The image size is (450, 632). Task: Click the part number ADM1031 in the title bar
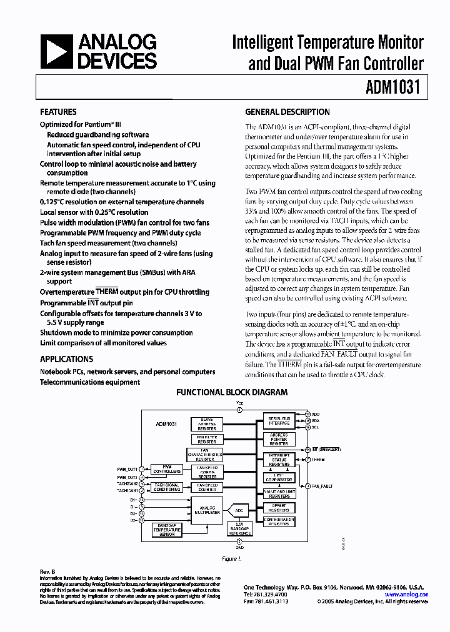396,88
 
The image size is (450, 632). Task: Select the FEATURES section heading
58,112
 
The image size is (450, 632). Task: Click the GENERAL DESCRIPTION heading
287,112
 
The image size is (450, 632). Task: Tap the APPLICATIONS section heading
66,359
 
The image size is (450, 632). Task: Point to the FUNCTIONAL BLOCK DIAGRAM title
232,393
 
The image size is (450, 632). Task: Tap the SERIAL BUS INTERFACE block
279,421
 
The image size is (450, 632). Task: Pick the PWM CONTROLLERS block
167,470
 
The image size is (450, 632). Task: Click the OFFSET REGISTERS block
279,506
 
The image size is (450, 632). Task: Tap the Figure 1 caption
231,559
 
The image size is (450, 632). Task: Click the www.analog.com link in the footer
407,595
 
